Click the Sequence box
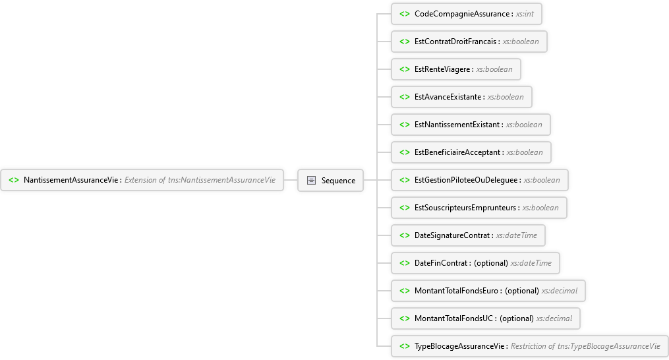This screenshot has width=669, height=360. pos(330,180)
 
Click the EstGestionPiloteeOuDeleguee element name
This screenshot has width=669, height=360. pos(467,180)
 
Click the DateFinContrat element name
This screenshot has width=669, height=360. pos(442,263)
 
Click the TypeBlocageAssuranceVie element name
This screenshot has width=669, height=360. pos(460,346)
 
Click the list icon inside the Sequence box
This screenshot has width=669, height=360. pos(311,180)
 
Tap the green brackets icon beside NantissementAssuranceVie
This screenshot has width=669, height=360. pos(13,180)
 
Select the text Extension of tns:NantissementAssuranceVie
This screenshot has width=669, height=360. pos(200,180)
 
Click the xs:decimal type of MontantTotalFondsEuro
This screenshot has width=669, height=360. pos(560,291)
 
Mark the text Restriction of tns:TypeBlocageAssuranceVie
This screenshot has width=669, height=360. pos(585,346)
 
